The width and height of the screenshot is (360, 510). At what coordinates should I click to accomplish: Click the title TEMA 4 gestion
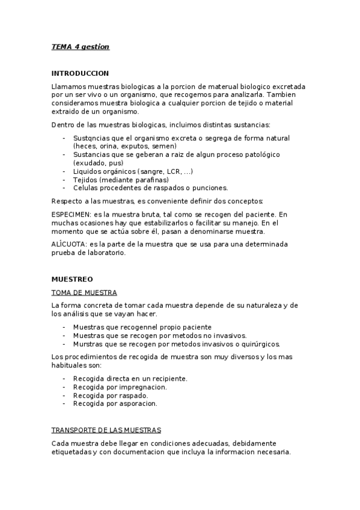pyautogui.click(x=81, y=47)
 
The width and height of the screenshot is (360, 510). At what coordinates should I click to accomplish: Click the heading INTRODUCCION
pyautogui.click(x=80, y=73)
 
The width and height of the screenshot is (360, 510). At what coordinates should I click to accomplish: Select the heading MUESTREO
pyautogui.click(x=72, y=279)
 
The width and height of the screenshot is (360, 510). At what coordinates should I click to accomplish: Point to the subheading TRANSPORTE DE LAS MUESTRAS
pyautogui.click(x=106, y=431)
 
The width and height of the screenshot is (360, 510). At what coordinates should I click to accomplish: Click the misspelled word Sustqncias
pyautogui.click(x=91, y=138)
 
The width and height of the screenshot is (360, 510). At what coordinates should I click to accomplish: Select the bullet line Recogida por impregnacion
pyautogui.click(x=120, y=387)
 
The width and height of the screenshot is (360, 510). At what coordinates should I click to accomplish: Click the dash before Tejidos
pyautogui.click(x=64, y=180)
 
